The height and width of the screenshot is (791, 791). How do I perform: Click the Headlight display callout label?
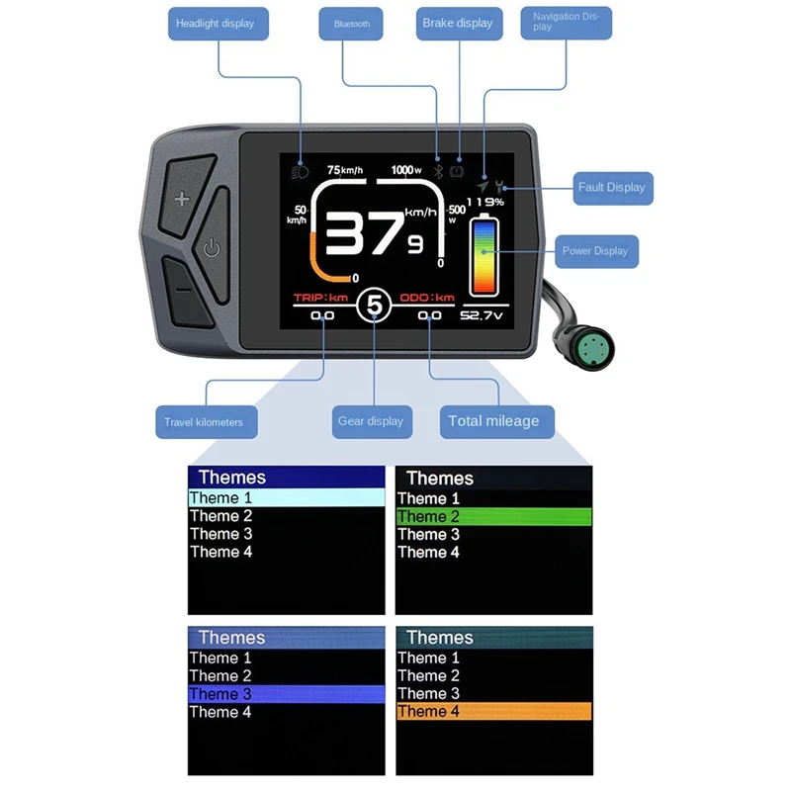[x=216, y=24]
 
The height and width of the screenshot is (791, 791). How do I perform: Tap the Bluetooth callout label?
[x=352, y=24]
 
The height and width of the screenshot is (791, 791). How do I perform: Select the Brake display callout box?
[x=457, y=24]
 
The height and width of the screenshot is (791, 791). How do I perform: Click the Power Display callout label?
[x=595, y=251]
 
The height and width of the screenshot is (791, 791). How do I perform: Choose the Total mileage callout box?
[x=493, y=421]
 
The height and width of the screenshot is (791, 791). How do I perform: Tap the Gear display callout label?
[x=371, y=421]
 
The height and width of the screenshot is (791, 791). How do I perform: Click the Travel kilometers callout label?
[x=204, y=422]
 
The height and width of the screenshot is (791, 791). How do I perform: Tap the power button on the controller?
[x=212, y=247]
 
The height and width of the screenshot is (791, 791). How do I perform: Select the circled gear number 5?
[x=374, y=306]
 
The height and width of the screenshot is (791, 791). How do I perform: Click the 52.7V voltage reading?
[x=483, y=316]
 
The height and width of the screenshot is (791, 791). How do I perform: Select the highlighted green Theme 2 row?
[x=493, y=516]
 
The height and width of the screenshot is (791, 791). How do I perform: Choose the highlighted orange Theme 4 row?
[x=493, y=711]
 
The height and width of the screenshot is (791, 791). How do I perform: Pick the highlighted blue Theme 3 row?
[x=286, y=694]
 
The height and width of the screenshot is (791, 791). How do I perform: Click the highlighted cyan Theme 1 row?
[x=286, y=498]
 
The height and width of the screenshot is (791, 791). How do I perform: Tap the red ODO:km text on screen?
[x=427, y=298]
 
